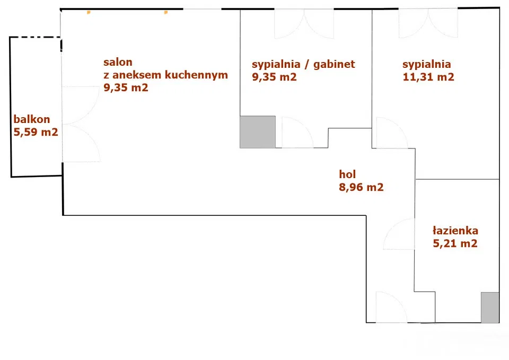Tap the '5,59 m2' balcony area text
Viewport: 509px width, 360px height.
pos(36,132)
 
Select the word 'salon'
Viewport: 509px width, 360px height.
pos(118,62)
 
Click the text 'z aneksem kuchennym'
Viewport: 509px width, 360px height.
pos(165,75)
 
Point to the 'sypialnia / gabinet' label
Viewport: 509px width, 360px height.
pos(303,64)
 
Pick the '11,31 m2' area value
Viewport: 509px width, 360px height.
pos(428,77)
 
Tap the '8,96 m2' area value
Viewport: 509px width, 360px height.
pos(361,187)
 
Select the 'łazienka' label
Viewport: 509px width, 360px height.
pos(455,231)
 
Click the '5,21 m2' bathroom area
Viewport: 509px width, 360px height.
pos(455,244)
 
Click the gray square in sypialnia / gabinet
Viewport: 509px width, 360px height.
pos(258,131)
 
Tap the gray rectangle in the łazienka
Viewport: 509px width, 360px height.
pos(489,307)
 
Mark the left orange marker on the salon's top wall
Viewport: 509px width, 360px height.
pos(89,11)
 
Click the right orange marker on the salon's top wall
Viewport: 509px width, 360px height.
pos(166,11)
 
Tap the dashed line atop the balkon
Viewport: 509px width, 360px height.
pos(35,37)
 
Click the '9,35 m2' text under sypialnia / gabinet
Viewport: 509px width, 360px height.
pos(274,77)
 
